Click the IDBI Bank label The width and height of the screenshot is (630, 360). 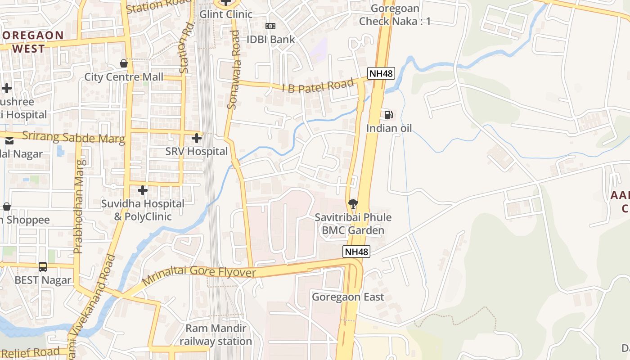click(x=270, y=40)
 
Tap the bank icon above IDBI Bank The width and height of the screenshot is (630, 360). click(x=270, y=27)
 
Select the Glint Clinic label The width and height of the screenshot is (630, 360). click(x=226, y=14)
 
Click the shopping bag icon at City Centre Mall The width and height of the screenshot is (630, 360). click(x=124, y=64)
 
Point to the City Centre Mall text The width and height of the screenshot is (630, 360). click(x=124, y=77)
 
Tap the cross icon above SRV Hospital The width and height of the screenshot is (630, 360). click(x=197, y=138)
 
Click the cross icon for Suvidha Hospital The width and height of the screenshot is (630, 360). click(x=143, y=191)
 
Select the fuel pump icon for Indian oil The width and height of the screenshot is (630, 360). click(x=389, y=114)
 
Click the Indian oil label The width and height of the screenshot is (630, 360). click(x=389, y=128)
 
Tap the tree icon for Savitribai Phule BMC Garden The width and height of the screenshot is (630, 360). click(x=353, y=204)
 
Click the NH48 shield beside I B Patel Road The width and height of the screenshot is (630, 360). click(x=381, y=73)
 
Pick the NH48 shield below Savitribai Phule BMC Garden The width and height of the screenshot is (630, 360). click(x=356, y=252)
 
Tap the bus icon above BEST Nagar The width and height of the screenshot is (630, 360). click(x=43, y=267)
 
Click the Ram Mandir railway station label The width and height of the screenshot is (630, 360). click(x=216, y=335)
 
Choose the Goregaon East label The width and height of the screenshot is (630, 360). click(x=348, y=297)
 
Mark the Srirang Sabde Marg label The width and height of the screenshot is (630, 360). click(x=73, y=137)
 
